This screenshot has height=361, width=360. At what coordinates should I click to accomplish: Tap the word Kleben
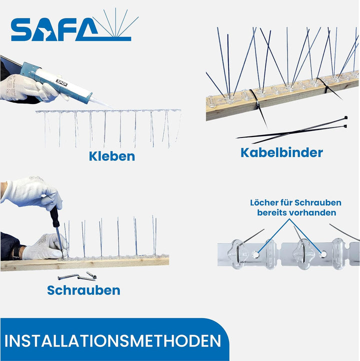point(112,156)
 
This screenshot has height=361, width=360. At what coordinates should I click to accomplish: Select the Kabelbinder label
point(281,152)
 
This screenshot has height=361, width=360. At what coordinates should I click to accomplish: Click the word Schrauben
point(83,290)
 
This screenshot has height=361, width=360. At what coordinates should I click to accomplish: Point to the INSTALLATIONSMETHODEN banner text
point(113,341)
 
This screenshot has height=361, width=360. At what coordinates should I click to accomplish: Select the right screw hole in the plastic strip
point(323,254)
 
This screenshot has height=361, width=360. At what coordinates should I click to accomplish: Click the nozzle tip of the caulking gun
point(108,105)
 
